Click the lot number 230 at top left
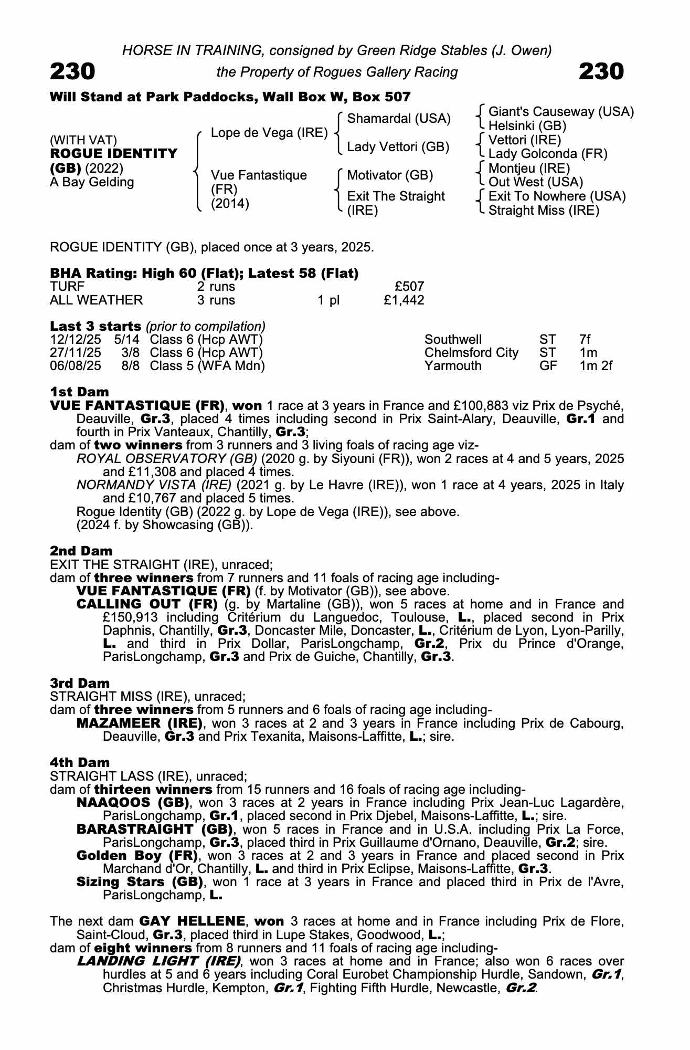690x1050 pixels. tap(72, 71)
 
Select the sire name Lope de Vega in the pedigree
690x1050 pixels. tap(269, 133)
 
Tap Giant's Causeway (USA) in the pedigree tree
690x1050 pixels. tap(561, 112)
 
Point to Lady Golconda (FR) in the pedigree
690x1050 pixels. tap(548, 154)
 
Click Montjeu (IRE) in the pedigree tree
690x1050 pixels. tap(529, 168)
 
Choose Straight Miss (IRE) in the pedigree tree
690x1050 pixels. tap(544, 211)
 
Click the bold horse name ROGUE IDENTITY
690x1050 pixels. tap(114, 154)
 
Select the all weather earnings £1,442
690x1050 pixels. tap(404, 300)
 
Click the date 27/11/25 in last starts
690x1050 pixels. tap(76, 353)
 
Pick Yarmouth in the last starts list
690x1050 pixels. tap(453, 366)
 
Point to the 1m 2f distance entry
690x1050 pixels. tap(596, 366)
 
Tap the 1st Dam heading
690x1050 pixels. tap(79, 392)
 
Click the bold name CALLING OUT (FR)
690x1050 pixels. tap(147, 604)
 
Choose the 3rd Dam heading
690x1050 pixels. tap(80, 683)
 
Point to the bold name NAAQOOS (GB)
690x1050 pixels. tap(133, 803)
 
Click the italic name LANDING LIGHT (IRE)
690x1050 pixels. tap(158, 961)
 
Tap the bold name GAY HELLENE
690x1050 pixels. tap(192, 921)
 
